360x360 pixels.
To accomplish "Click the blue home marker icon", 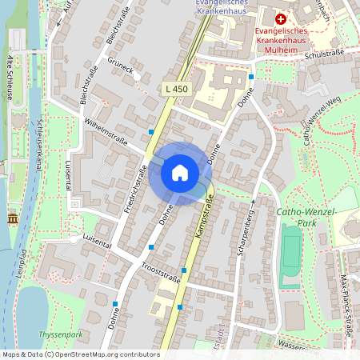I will pos(180,172).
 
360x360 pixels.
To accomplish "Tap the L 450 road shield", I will pos(174,89).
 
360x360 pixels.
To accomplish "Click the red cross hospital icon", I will pos(280,18).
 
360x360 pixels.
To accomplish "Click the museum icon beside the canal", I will pos(12,218).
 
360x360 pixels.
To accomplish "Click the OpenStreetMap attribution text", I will pos(80,354).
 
